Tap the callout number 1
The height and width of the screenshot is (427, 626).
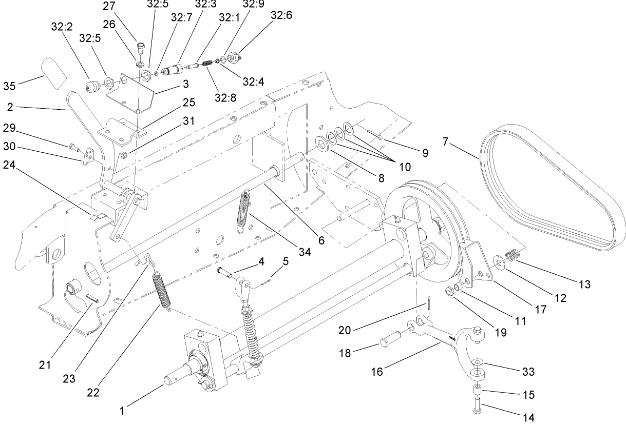pos(122,411)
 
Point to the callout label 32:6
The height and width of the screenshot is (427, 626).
pos(281,15)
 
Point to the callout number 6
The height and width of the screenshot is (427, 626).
pos(321,239)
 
